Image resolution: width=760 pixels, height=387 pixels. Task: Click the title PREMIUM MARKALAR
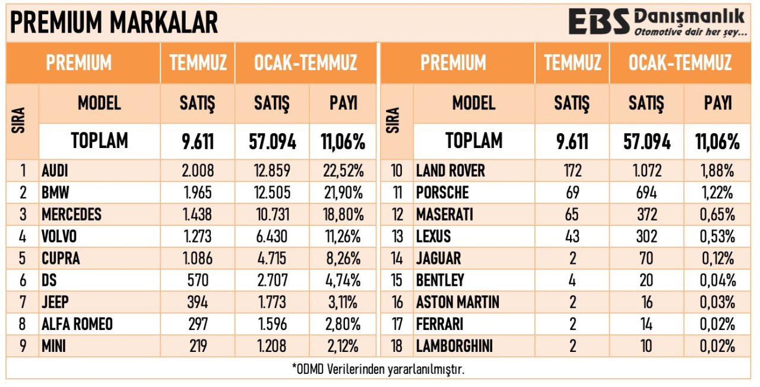114,23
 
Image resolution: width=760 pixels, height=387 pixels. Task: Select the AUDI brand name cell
55,171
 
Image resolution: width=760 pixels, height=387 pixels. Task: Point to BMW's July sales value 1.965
197,193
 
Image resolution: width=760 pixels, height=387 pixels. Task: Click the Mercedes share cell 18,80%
343,215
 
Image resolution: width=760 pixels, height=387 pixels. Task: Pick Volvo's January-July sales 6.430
271,237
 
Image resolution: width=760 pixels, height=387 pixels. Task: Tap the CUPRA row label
61,259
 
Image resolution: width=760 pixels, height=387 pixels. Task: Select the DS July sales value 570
197,280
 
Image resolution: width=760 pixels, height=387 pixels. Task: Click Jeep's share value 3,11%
343,302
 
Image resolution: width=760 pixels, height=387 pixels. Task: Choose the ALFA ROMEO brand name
77,324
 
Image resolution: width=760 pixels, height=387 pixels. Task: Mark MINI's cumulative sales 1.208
271,345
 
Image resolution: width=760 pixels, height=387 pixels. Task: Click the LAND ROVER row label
450,171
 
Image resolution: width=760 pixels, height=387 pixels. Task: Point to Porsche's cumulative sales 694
646,193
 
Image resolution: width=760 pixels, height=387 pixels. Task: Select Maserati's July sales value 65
572,215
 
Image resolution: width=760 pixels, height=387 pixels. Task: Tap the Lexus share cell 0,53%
717,237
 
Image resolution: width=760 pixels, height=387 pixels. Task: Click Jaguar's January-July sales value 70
646,259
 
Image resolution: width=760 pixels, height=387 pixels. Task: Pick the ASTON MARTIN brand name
457,302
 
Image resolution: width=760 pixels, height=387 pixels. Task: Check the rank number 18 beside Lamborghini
397,345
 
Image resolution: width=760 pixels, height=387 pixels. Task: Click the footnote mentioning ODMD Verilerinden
378,369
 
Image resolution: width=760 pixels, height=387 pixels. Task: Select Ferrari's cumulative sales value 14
646,324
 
